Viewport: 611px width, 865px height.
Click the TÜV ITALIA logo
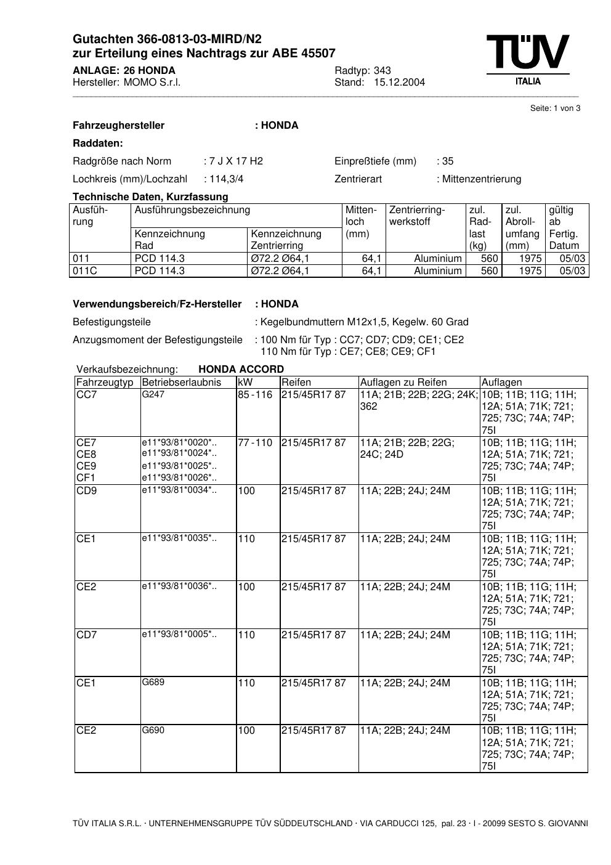528,59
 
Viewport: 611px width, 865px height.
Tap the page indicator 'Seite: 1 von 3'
555,108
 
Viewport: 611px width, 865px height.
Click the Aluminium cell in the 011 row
437,259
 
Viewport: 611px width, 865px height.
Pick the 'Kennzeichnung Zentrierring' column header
286,240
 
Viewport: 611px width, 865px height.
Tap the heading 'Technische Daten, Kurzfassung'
150,197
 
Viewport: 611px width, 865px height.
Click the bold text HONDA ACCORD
241,370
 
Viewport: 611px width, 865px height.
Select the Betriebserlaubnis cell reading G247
153,394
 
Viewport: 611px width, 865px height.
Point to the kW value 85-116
255,395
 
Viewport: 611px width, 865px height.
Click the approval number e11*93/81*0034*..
179,490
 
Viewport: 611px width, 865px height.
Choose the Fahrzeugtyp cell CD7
87,635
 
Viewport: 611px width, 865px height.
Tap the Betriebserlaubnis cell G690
153,731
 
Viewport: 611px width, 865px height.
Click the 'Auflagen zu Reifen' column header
403,383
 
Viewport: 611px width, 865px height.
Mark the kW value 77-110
255,443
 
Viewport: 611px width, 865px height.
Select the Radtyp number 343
382,71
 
